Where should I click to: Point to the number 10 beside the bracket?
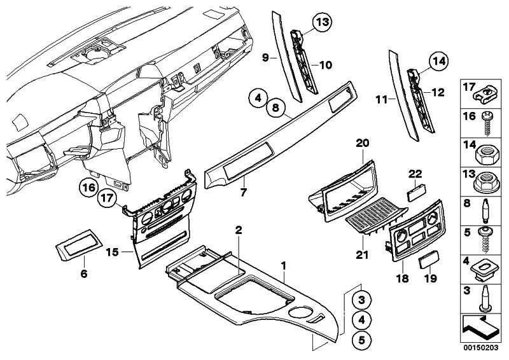tap(325, 64)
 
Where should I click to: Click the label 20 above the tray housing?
tap(362, 144)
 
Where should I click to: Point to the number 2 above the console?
tap(238, 229)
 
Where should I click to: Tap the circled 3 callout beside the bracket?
tap(361, 300)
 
